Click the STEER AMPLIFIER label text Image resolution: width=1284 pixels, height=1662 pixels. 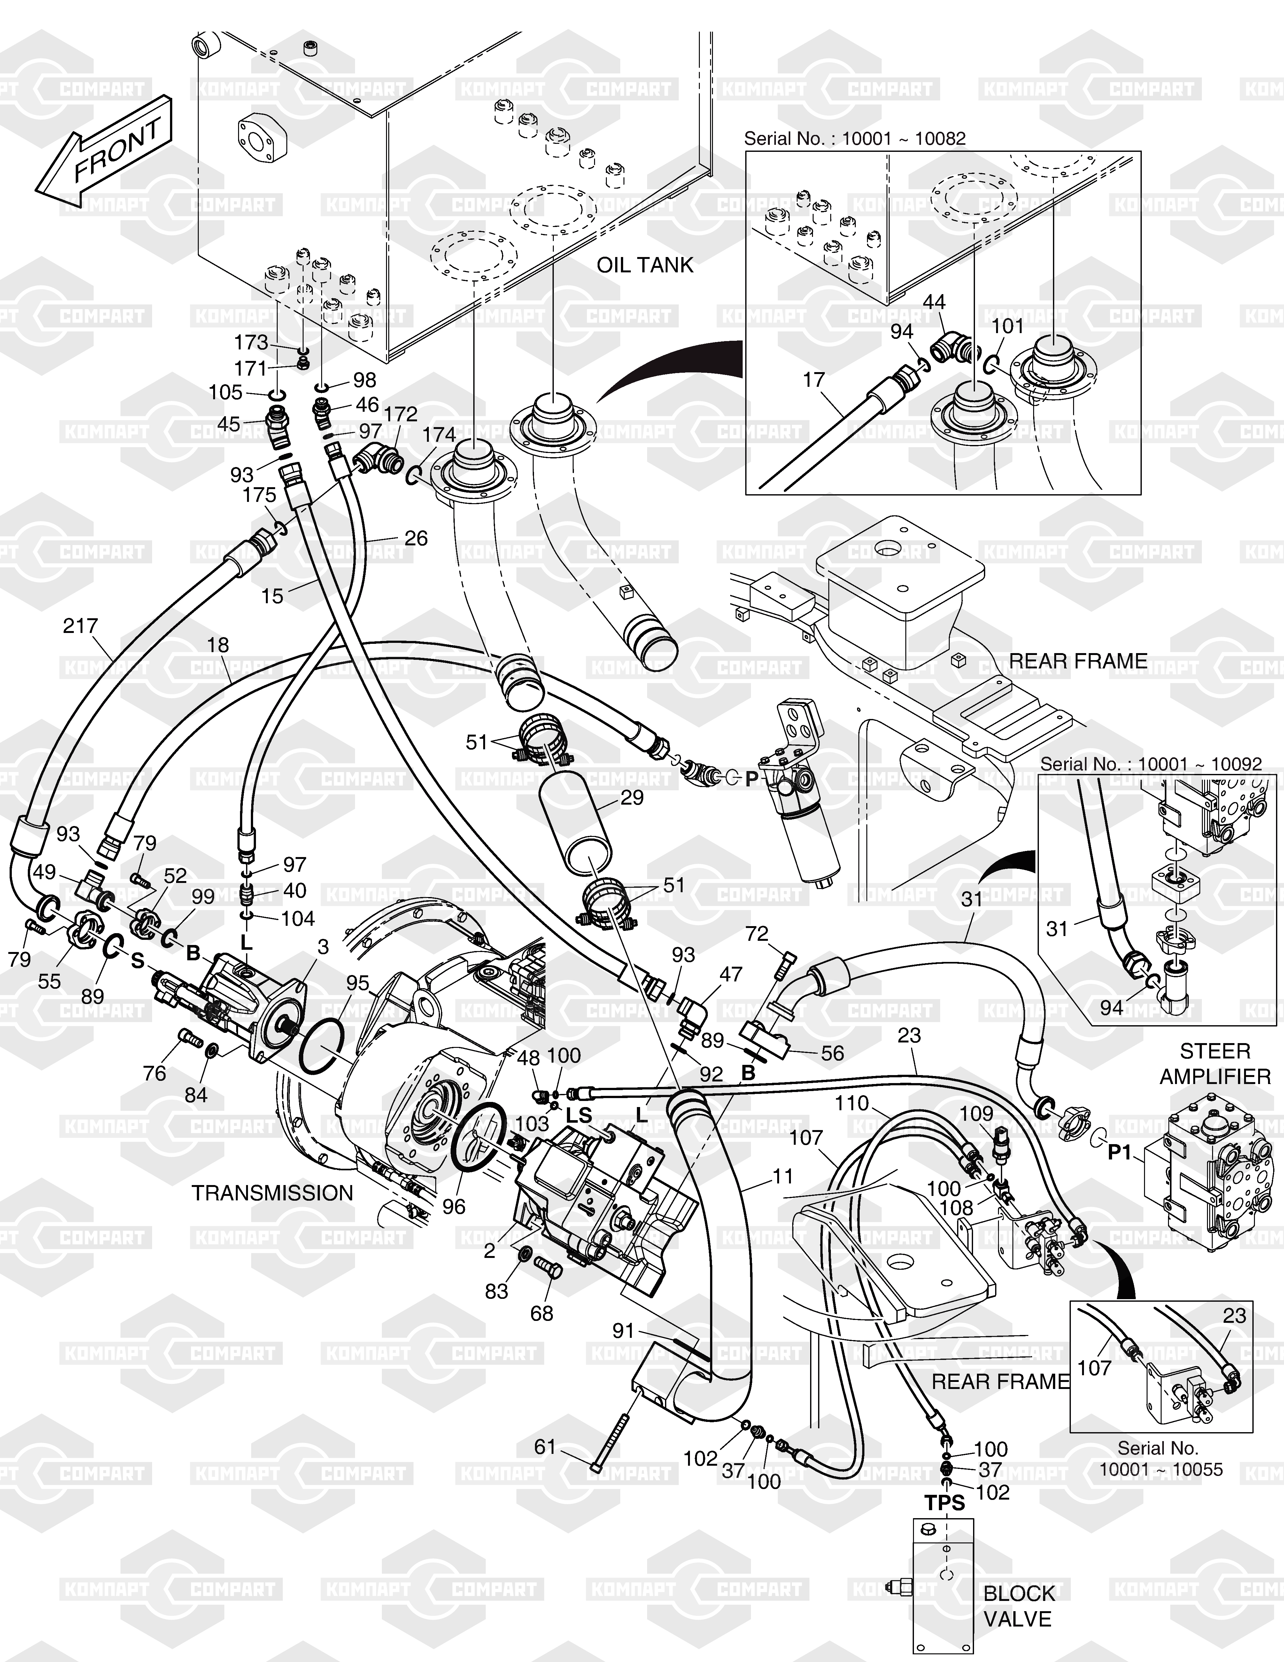click(x=1215, y=1064)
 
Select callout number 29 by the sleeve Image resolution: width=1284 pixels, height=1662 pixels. click(x=631, y=798)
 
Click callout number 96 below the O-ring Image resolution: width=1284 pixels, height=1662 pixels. click(x=454, y=1207)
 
